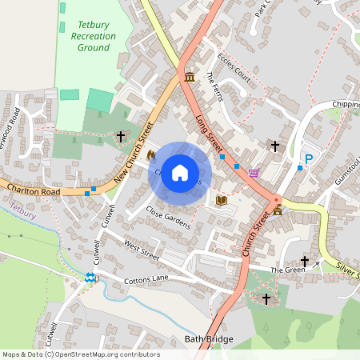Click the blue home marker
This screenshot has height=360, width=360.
point(180,173)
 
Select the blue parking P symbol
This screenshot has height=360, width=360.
point(308,160)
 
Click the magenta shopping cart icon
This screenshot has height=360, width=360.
point(254,173)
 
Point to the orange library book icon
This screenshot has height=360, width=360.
point(222,199)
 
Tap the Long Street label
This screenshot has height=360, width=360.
point(209,132)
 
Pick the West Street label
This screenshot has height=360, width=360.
point(142,250)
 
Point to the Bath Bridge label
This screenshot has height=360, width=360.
point(209,339)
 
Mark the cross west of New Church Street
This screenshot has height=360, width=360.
point(121,137)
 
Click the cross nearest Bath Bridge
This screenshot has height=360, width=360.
point(266,298)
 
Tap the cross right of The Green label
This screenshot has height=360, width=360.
point(304,261)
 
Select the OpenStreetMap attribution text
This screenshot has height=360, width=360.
point(81,354)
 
